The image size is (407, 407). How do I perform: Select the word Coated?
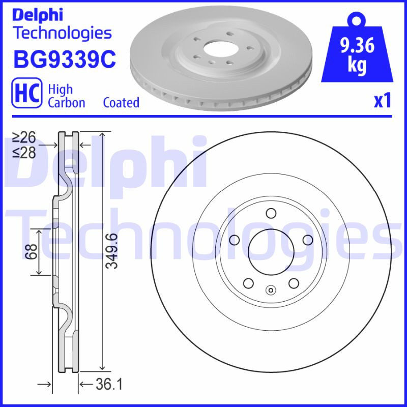[x=121, y=102]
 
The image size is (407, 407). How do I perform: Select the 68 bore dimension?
[x=32, y=251]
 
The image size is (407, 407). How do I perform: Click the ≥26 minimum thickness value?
[x=24, y=137]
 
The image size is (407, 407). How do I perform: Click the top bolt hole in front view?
[x=271, y=213]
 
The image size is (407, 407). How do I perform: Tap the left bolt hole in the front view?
[x=234, y=240]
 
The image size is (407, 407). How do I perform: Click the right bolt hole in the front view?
[x=308, y=240]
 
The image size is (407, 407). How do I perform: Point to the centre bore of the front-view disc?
[x=271, y=252]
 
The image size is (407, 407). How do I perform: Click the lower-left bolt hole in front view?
[x=248, y=283]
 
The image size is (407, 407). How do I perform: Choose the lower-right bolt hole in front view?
[x=294, y=283]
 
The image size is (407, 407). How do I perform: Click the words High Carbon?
[x=66, y=96]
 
